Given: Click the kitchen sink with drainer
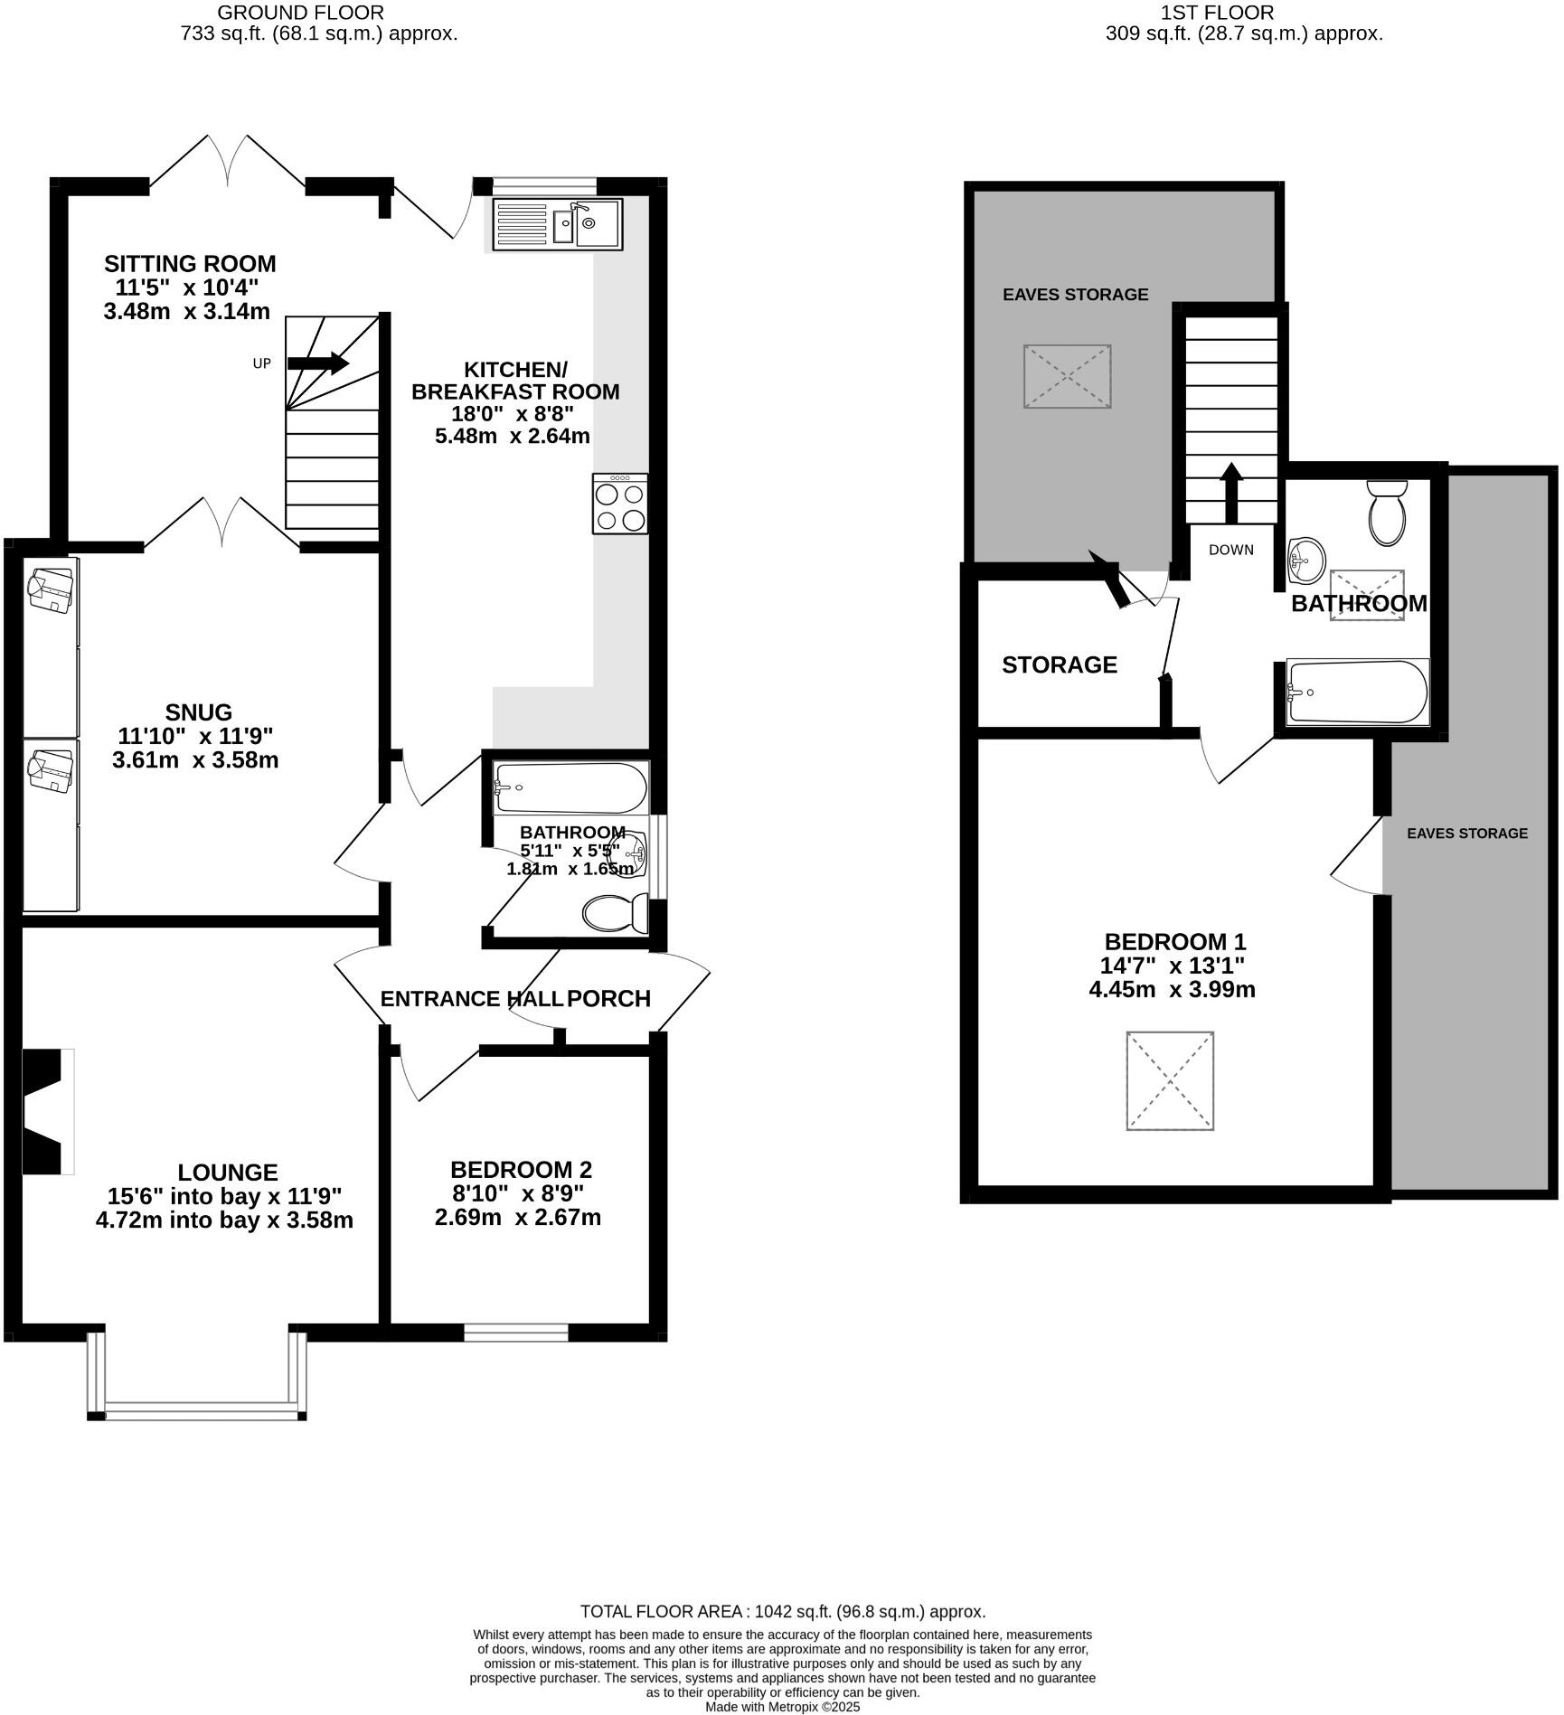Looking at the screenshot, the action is (558, 224).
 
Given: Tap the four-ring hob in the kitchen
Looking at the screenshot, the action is (620, 504).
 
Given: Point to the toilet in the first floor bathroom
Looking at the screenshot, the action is (1388, 513).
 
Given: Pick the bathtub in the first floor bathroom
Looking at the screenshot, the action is (1358, 692).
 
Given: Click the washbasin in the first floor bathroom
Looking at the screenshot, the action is (1305, 561).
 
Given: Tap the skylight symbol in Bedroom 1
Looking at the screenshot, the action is (1170, 1080).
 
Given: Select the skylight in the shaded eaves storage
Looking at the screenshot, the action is (1067, 375).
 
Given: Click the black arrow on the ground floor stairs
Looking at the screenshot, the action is (318, 363).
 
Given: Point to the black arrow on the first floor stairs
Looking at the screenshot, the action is (1230, 493).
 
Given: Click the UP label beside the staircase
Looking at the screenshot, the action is (261, 363).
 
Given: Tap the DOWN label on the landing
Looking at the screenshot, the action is (1231, 550).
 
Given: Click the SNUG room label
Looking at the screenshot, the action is (198, 712).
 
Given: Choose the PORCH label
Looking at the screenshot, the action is (608, 999).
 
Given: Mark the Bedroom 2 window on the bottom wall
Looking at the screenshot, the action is (516, 1332).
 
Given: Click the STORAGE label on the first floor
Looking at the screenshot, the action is (1060, 665).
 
